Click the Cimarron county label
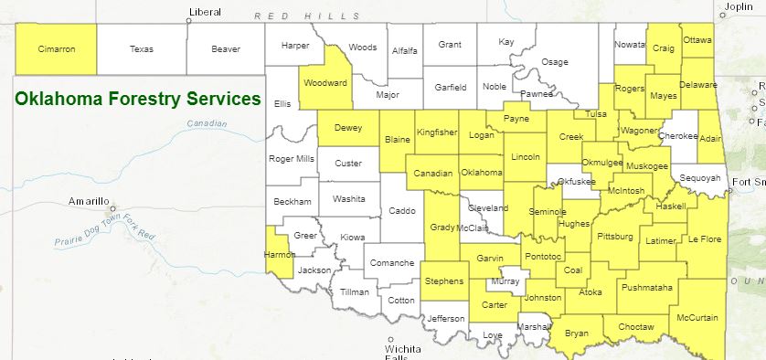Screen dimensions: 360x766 click(x=55, y=49)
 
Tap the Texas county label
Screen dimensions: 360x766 click(x=142, y=49)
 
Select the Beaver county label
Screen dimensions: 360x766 click(x=225, y=49)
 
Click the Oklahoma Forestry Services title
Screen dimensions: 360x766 click(x=138, y=98)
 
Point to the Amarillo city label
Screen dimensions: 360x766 click(x=89, y=201)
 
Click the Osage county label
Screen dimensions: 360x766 click(x=555, y=61)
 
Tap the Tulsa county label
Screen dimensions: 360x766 click(x=596, y=113)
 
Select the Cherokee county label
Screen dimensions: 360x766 click(x=677, y=135)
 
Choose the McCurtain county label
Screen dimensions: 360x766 click(x=698, y=318)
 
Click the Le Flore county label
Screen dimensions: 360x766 click(x=705, y=239)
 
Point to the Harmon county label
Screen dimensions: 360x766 click(x=279, y=255)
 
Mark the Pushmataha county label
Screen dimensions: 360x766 click(x=646, y=288)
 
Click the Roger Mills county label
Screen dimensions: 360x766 click(x=292, y=158)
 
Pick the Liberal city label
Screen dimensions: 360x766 click(x=204, y=12)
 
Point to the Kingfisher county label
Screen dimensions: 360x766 click(x=436, y=132)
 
